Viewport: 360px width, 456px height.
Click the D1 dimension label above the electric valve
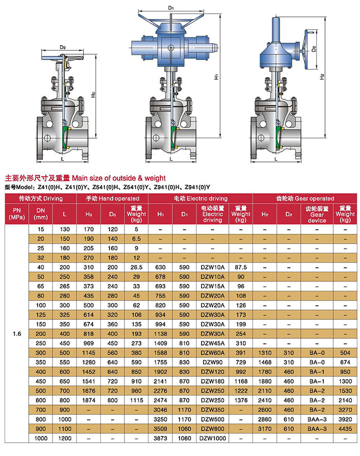coord(171,8)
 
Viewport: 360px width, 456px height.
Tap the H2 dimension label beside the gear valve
coord(321,77)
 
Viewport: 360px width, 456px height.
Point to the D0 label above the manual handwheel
coord(63,47)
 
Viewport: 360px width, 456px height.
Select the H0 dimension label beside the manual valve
coord(93,95)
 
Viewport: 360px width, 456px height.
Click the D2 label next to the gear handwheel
coord(313,49)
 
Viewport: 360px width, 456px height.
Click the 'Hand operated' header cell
coord(112,198)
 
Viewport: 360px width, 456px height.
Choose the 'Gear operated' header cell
coord(304,198)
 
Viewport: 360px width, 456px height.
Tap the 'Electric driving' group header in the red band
coord(201,198)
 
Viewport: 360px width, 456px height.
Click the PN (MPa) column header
coord(17,214)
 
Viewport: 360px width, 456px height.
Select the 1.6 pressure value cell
coord(17,334)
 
